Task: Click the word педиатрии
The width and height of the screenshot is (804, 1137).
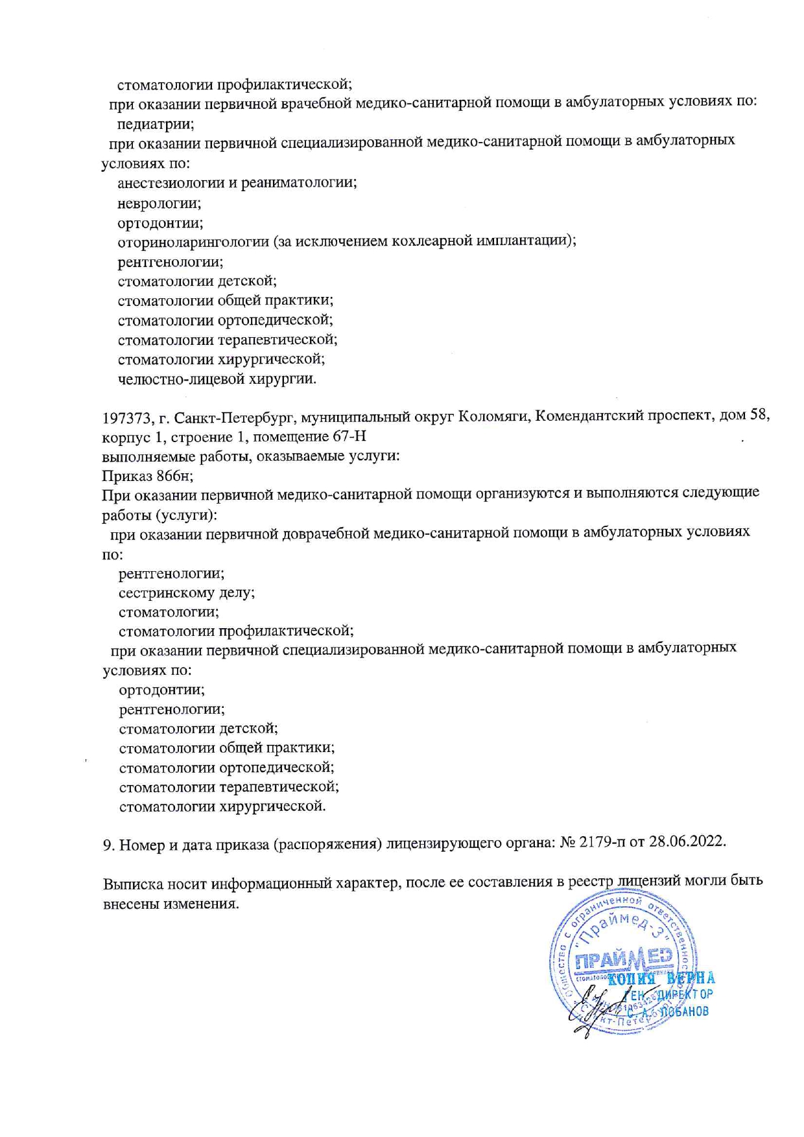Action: [x=155, y=123]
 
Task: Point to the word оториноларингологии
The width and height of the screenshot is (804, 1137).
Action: [x=193, y=242]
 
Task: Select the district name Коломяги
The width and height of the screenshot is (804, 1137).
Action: [x=493, y=416]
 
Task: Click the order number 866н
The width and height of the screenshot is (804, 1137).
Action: [x=174, y=476]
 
